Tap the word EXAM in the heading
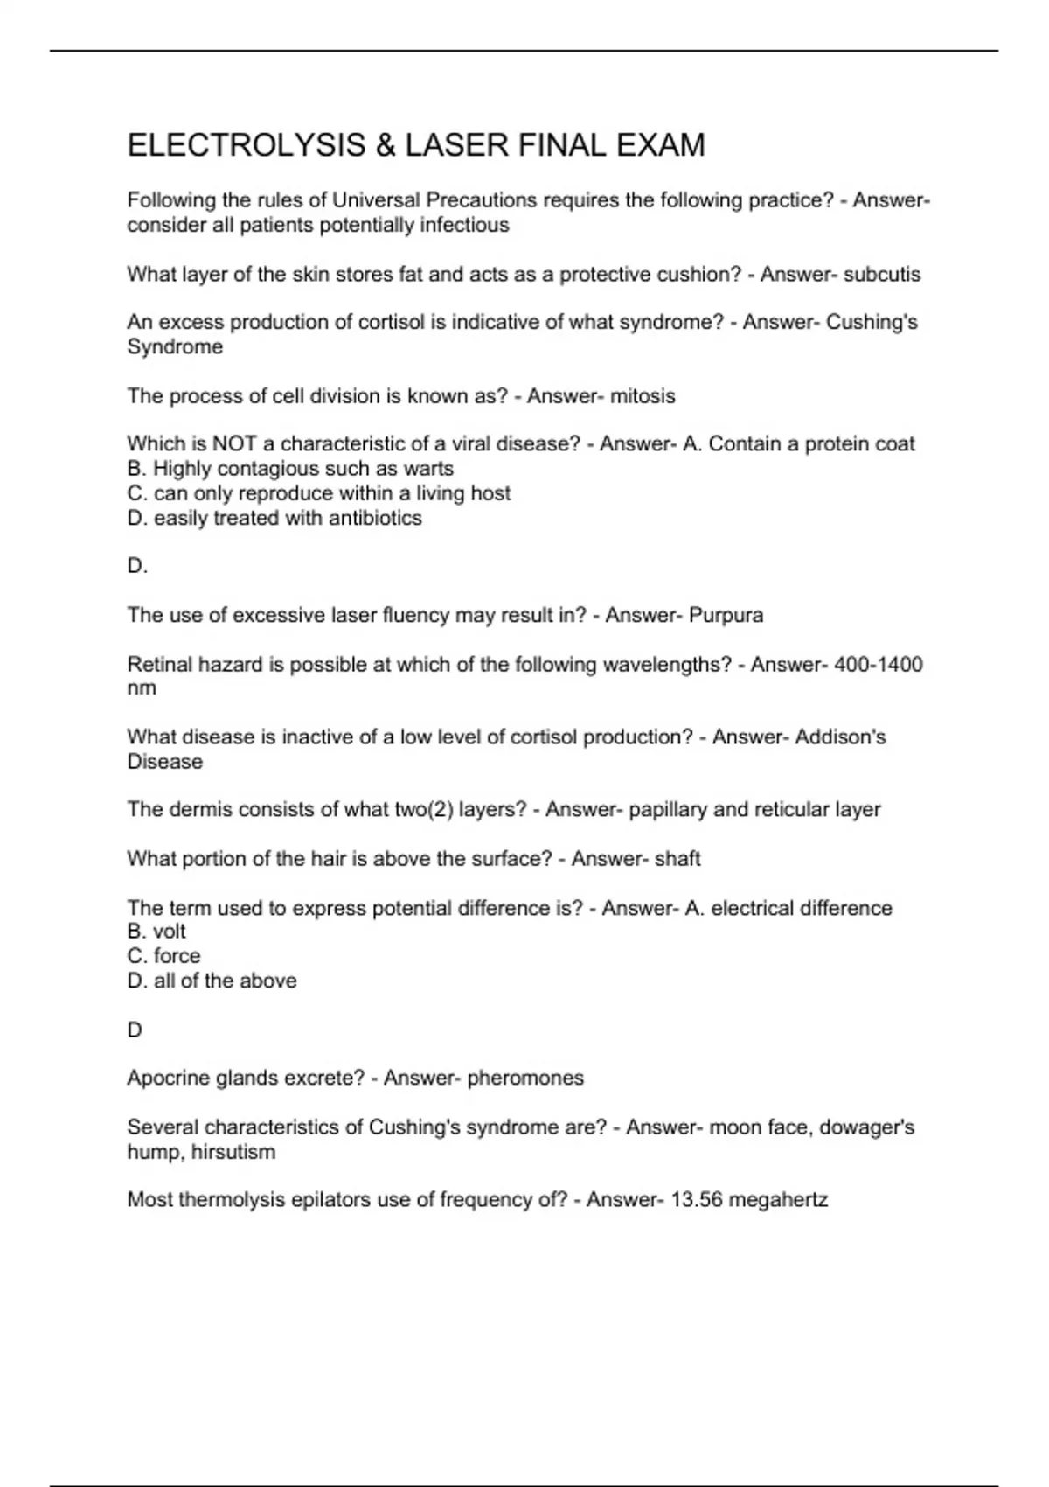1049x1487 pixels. tap(661, 145)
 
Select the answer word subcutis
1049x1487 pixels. tap(881, 275)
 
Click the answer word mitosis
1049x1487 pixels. tap(643, 396)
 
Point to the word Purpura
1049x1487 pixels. tap(726, 616)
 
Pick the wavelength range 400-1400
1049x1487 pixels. tap(878, 665)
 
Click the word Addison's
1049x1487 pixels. tap(842, 737)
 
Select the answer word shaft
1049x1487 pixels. tap(677, 859)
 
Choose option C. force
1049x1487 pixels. tap(163, 956)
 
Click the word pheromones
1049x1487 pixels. tap(525, 1078)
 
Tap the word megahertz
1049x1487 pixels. tap(778, 1200)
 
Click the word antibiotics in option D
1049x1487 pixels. tap(375, 519)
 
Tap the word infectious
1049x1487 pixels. tap(464, 226)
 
